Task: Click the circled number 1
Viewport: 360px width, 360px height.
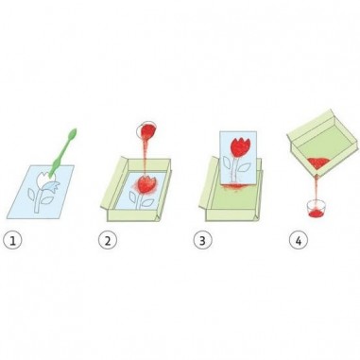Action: click(12, 241)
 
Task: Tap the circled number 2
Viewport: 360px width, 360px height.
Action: click(108, 241)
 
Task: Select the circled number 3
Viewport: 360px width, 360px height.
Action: click(202, 241)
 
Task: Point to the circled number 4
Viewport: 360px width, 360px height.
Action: click(299, 241)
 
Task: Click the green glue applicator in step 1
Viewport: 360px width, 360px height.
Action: click(64, 149)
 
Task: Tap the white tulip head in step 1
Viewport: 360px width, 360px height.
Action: click(44, 180)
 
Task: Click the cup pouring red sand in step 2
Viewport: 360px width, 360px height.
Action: click(146, 130)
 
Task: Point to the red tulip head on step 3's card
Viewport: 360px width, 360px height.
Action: click(239, 147)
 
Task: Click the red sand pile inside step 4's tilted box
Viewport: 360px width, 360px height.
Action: click(318, 163)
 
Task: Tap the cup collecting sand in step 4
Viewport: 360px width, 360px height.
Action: click(317, 209)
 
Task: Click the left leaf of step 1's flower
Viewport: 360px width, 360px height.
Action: click(32, 195)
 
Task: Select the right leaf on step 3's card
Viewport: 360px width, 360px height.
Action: click(244, 167)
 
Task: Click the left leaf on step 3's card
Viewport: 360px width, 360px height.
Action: click(227, 163)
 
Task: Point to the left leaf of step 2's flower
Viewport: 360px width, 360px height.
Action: click(133, 198)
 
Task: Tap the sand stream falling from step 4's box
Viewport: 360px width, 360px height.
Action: click(317, 190)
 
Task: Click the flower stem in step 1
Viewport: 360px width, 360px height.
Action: click(38, 200)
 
